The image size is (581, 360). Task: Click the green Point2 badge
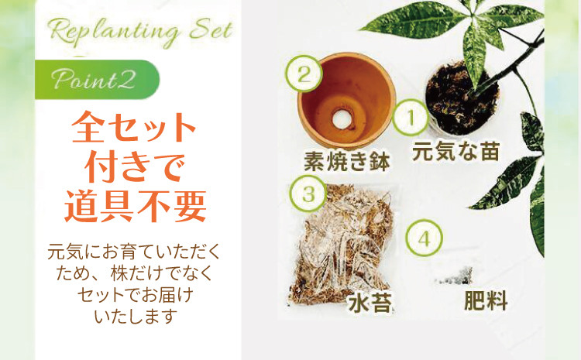click(x=97, y=80)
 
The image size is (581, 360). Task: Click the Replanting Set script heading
click(x=141, y=32)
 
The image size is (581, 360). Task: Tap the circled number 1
click(x=411, y=118)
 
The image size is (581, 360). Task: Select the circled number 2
click(x=304, y=74)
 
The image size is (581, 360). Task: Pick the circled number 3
click(x=308, y=194)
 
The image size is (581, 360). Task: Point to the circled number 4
click(x=425, y=238)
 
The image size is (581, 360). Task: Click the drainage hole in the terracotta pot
click(x=341, y=119)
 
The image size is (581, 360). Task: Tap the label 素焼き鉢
click(x=347, y=162)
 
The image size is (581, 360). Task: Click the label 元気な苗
click(x=456, y=151)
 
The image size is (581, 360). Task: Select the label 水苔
click(x=370, y=303)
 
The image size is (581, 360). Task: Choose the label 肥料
click(x=486, y=300)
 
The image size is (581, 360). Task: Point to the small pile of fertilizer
click(x=455, y=276)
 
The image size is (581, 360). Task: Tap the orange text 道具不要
click(x=136, y=207)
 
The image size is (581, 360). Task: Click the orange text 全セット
click(x=133, y=127)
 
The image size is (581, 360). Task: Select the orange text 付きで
click(x=135, y=166)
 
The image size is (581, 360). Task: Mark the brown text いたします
click(x=136, y=317)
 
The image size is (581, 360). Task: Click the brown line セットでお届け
click(x=136, y=295)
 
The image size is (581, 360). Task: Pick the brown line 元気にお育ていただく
click(x=134, y=252)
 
